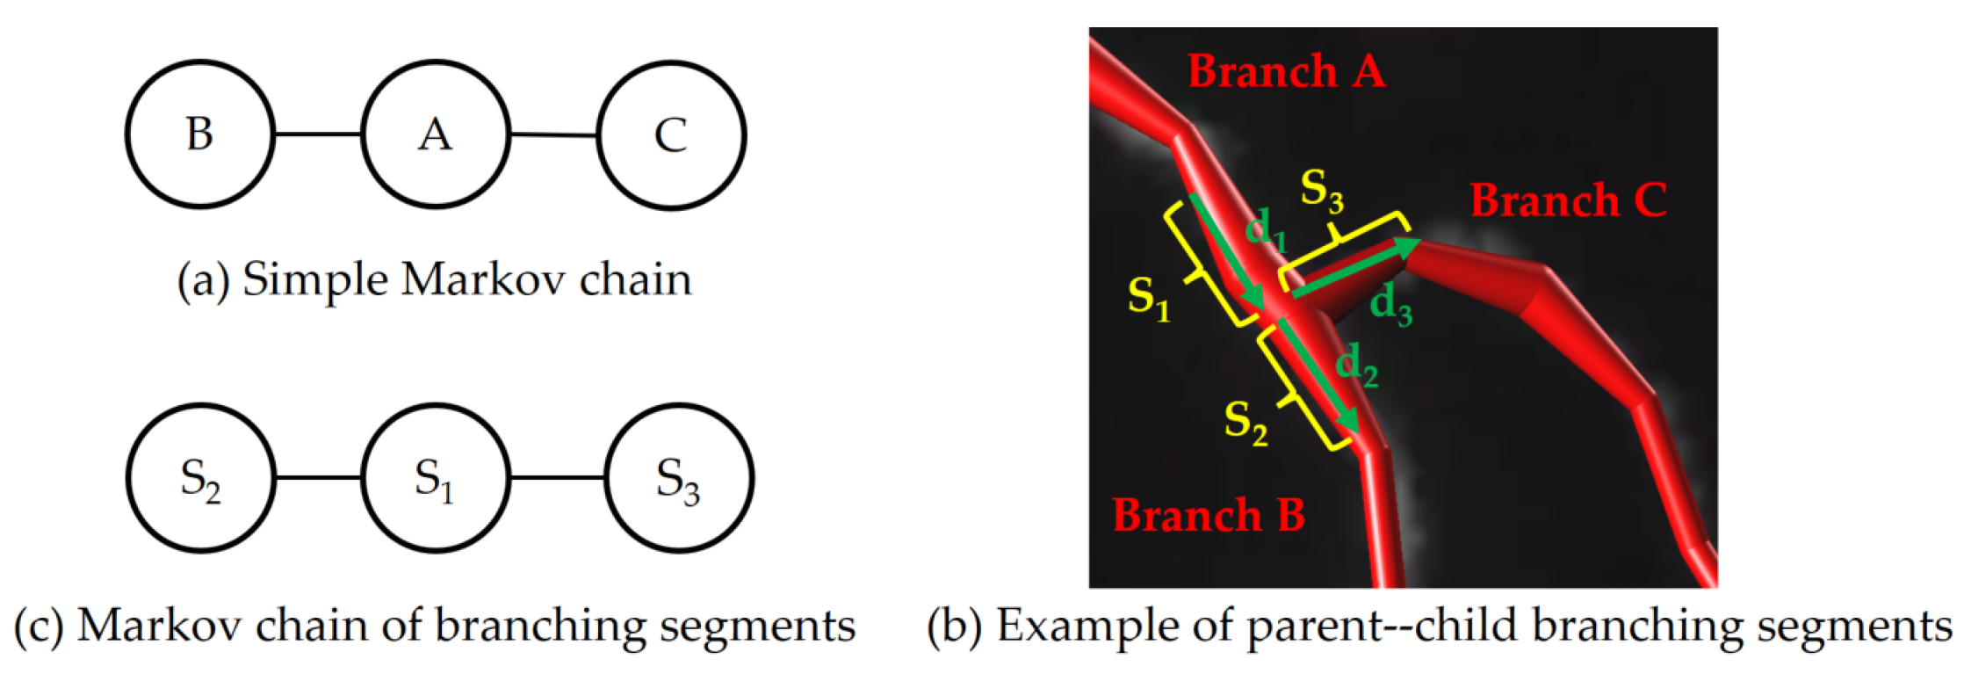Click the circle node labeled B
[x=200, y=134]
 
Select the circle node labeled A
[x=436, y=134]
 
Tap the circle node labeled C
[x=671, y=134]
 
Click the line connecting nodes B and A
[x=318, y=134]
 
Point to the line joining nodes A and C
[x=553, y=135]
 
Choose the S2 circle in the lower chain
[x=200, y=479]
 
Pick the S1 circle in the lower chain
[x=436, y=479]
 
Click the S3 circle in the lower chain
[x=678, y=479]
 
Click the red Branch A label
[x=1286, y=70]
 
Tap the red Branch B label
[x=1209, y=515]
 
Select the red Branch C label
[x=1568, y=200]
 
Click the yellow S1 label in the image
[x=1149, y=297]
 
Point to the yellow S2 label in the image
[x=1245, y=422]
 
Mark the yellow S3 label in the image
[x=1322, y=190]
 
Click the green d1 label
[x=1266, y=230]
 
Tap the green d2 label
[x=1356, y=365]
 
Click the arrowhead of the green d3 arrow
[x=1408, y=246]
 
